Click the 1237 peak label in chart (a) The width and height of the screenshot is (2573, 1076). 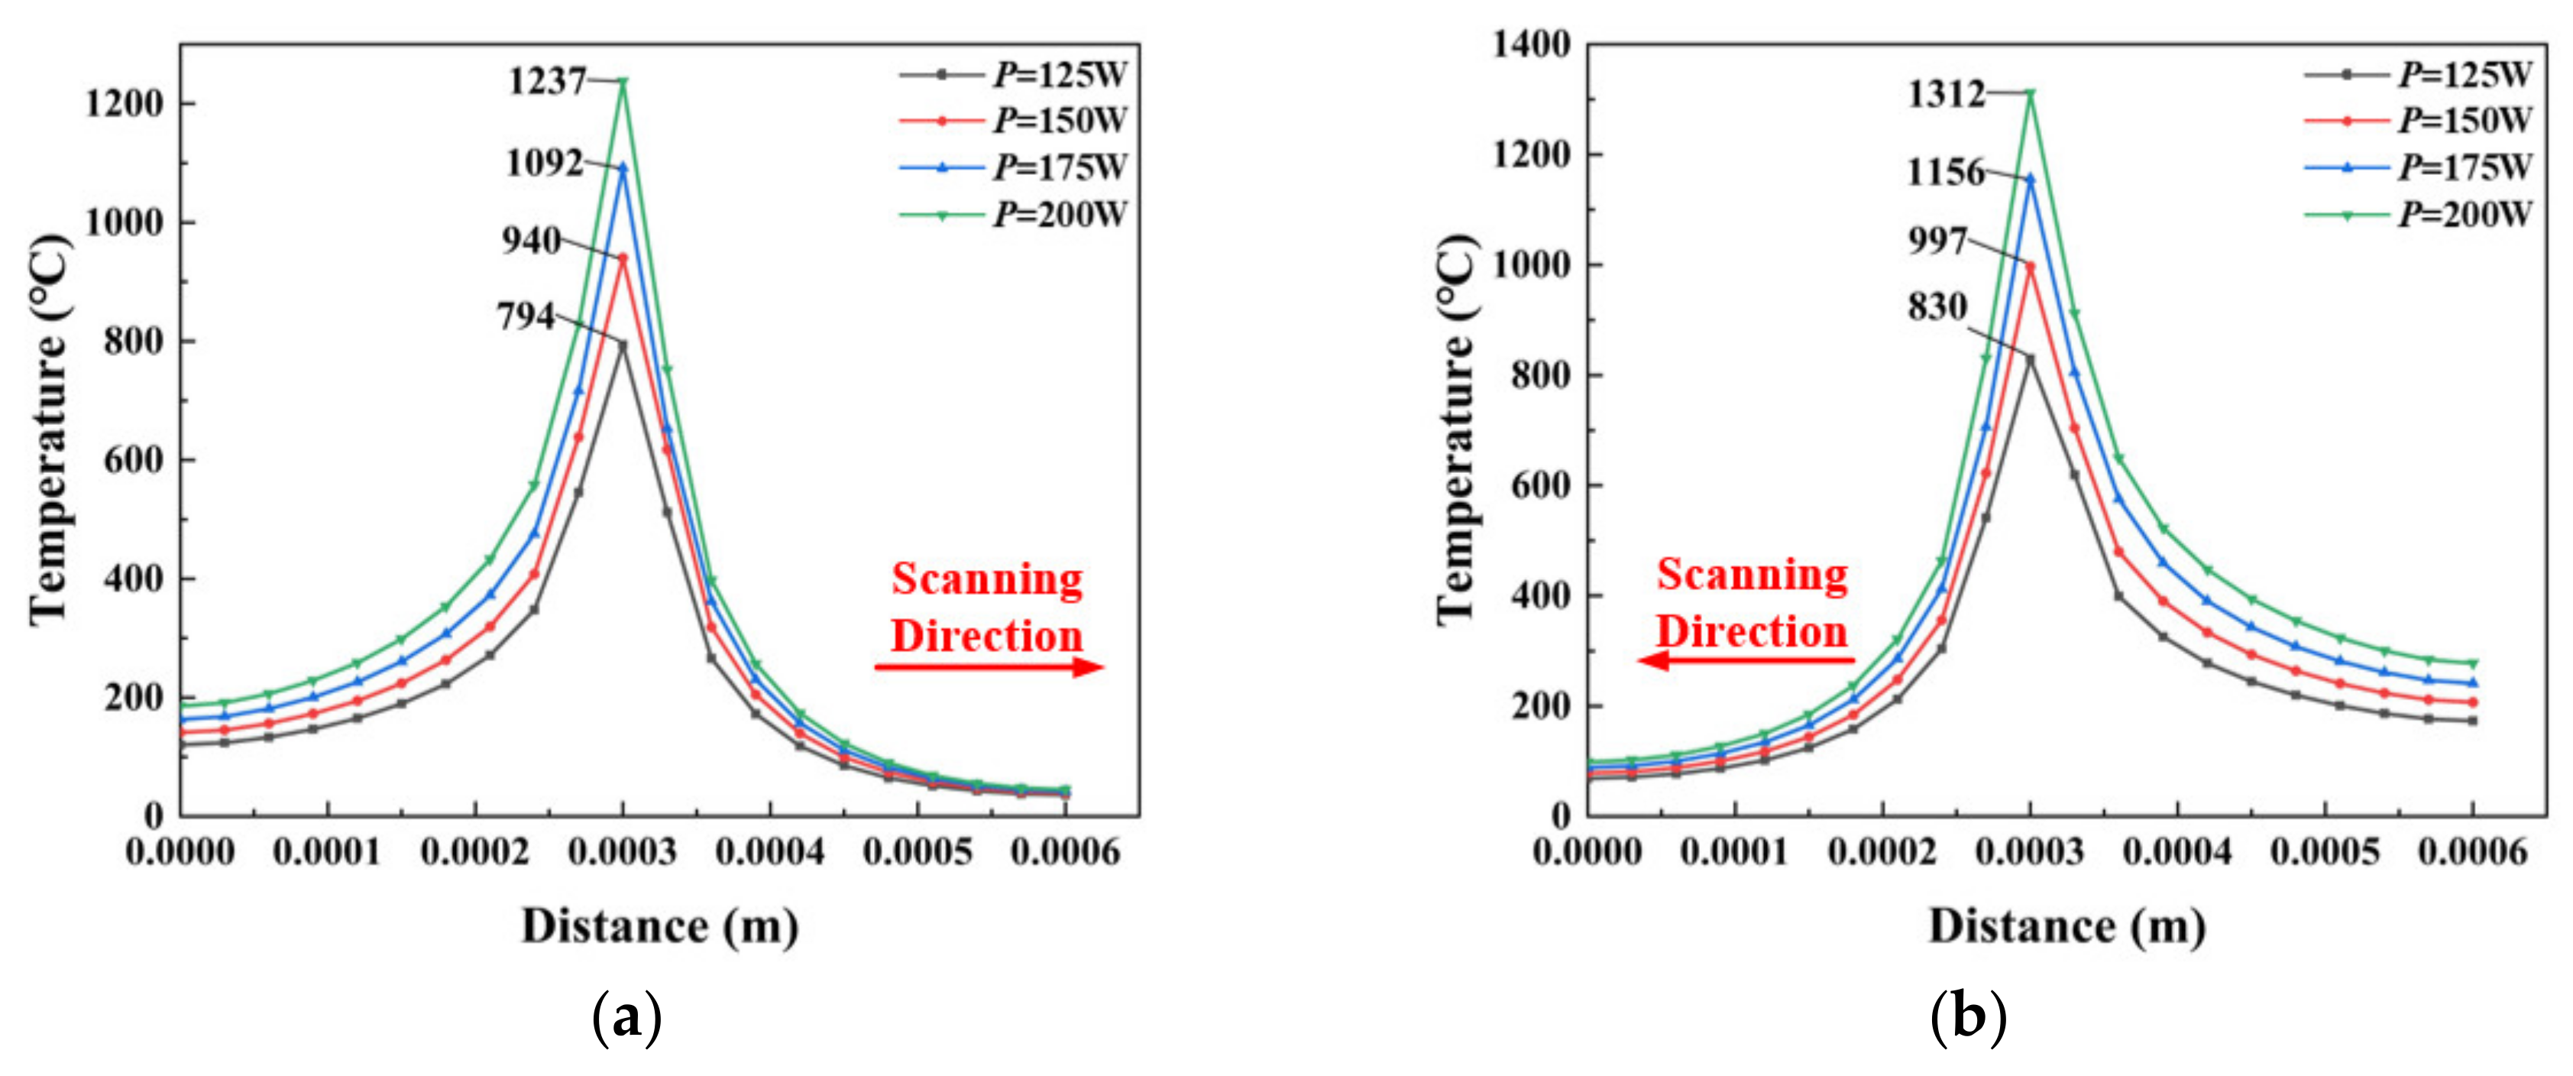[x=547, y=81]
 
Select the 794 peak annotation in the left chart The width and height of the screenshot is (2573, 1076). [x=526, y=316]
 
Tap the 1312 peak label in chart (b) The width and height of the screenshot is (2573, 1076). [x=1947, y=94]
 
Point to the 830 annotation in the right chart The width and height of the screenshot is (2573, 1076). [x=1937, y=306]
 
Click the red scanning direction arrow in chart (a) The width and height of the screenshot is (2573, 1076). [x=989, y=667]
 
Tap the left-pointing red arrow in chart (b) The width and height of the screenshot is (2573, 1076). [x=1746, y=660]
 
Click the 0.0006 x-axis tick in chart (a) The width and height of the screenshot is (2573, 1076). [x=1065, y=853]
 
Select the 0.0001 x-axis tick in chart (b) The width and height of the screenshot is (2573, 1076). [x=1734, y=853]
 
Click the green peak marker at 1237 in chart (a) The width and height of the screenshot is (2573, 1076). [x=623, y=82]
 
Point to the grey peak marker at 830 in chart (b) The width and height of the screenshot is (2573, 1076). [x=2030, y=358]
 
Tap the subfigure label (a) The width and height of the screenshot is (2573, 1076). [x=627, y=1018]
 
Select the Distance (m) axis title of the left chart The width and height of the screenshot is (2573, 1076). [x=660, y=927]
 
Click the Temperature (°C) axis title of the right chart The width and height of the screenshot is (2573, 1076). [x=1456, y=429]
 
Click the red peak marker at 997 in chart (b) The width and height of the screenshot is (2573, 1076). [x=2030, y=267]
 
